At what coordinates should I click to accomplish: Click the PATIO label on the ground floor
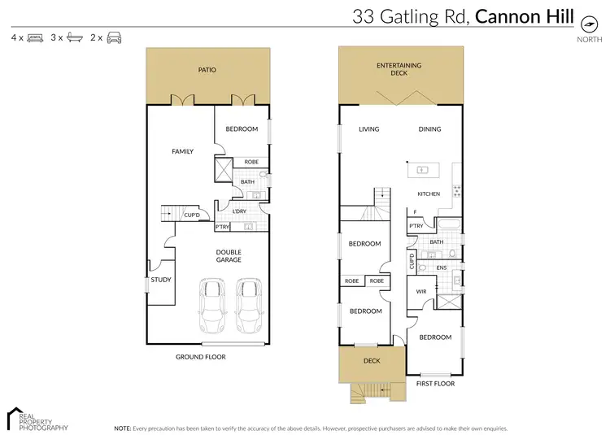point(207,71)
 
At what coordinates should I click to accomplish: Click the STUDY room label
point(161,281)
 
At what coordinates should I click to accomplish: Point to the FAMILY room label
point(181,151)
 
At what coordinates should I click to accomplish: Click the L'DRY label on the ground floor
point(239,212)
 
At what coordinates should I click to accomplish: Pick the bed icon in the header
point(35,37)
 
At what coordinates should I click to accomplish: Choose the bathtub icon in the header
point(75,37)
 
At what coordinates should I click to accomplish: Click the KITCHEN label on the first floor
point(429,194)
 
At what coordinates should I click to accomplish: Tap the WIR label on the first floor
point(421,290)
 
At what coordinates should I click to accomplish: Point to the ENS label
point(442,268)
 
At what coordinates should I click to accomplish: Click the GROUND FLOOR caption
point(201,357)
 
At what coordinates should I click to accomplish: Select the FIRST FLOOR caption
point(435,384)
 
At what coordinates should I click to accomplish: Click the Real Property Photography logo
point(37,418)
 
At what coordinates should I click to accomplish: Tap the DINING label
point(429,129)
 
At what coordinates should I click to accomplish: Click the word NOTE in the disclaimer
point(123,427)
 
